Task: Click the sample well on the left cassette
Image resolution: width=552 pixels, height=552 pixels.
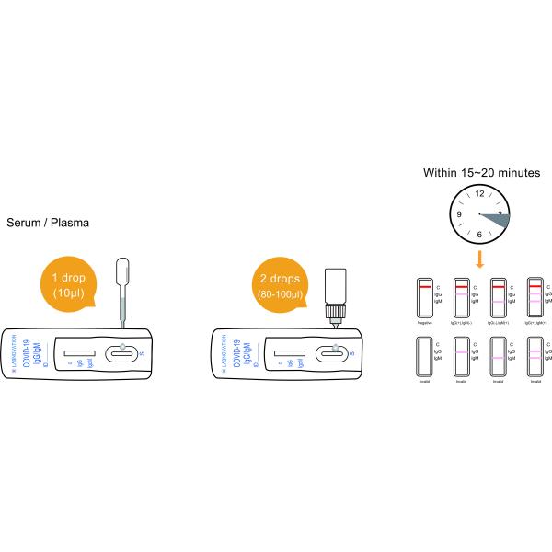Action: tap(123, 351)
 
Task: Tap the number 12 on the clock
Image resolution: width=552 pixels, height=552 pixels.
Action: tap(479, 194)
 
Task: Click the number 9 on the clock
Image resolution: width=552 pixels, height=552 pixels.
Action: tap(459, 214)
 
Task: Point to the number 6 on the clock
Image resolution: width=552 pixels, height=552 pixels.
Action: tap(479, 235)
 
